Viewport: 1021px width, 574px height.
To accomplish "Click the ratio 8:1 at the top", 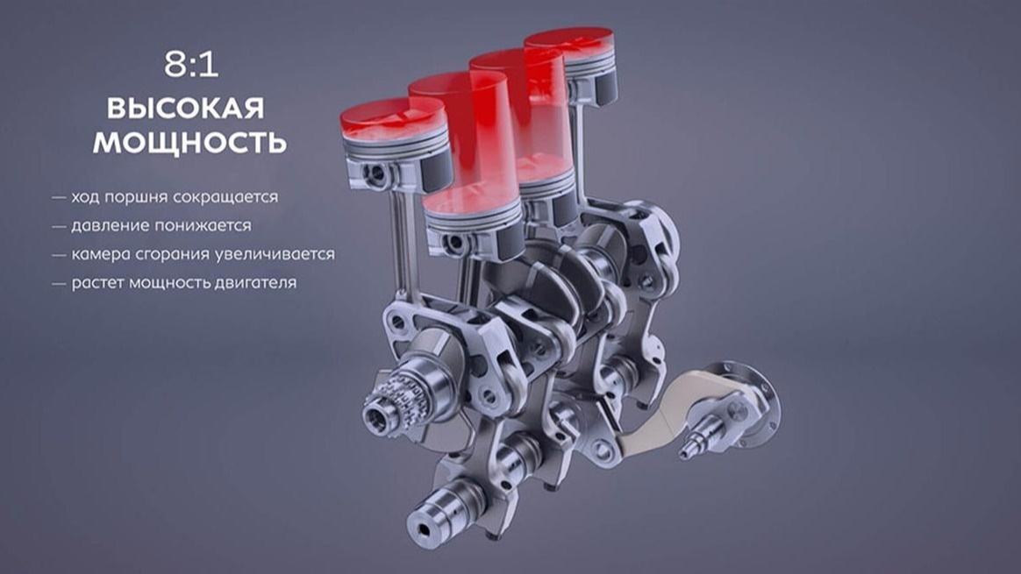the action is tap(191, 65).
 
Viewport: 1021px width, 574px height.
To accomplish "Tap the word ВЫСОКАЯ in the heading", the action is tap(186, 108).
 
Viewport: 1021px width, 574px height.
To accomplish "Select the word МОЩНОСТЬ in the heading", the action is tap(189, 143).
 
